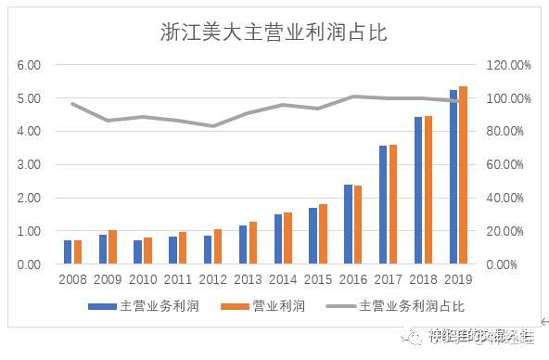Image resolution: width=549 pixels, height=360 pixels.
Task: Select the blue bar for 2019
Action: [453, 177]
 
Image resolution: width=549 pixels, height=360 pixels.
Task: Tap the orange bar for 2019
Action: [463, 175]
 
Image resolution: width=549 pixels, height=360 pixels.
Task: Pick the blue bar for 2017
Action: [383, 205]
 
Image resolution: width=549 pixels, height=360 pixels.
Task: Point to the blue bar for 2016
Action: [348, 225]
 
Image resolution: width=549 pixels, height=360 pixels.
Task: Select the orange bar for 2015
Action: [322, 234]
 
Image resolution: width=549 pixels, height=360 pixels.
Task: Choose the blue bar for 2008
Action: [68, 252]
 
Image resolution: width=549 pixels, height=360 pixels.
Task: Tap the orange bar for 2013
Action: [251, 243]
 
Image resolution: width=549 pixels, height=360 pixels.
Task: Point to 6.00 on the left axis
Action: [29, 65]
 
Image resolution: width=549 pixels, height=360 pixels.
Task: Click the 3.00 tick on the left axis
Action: [29, 165]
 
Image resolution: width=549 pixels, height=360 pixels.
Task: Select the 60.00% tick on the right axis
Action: [506, 165]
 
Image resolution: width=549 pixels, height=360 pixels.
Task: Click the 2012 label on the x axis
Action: [213, 279]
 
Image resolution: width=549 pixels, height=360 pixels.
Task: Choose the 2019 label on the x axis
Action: [459, 279]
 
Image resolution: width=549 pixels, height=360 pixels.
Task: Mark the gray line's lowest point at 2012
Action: [213, 125]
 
